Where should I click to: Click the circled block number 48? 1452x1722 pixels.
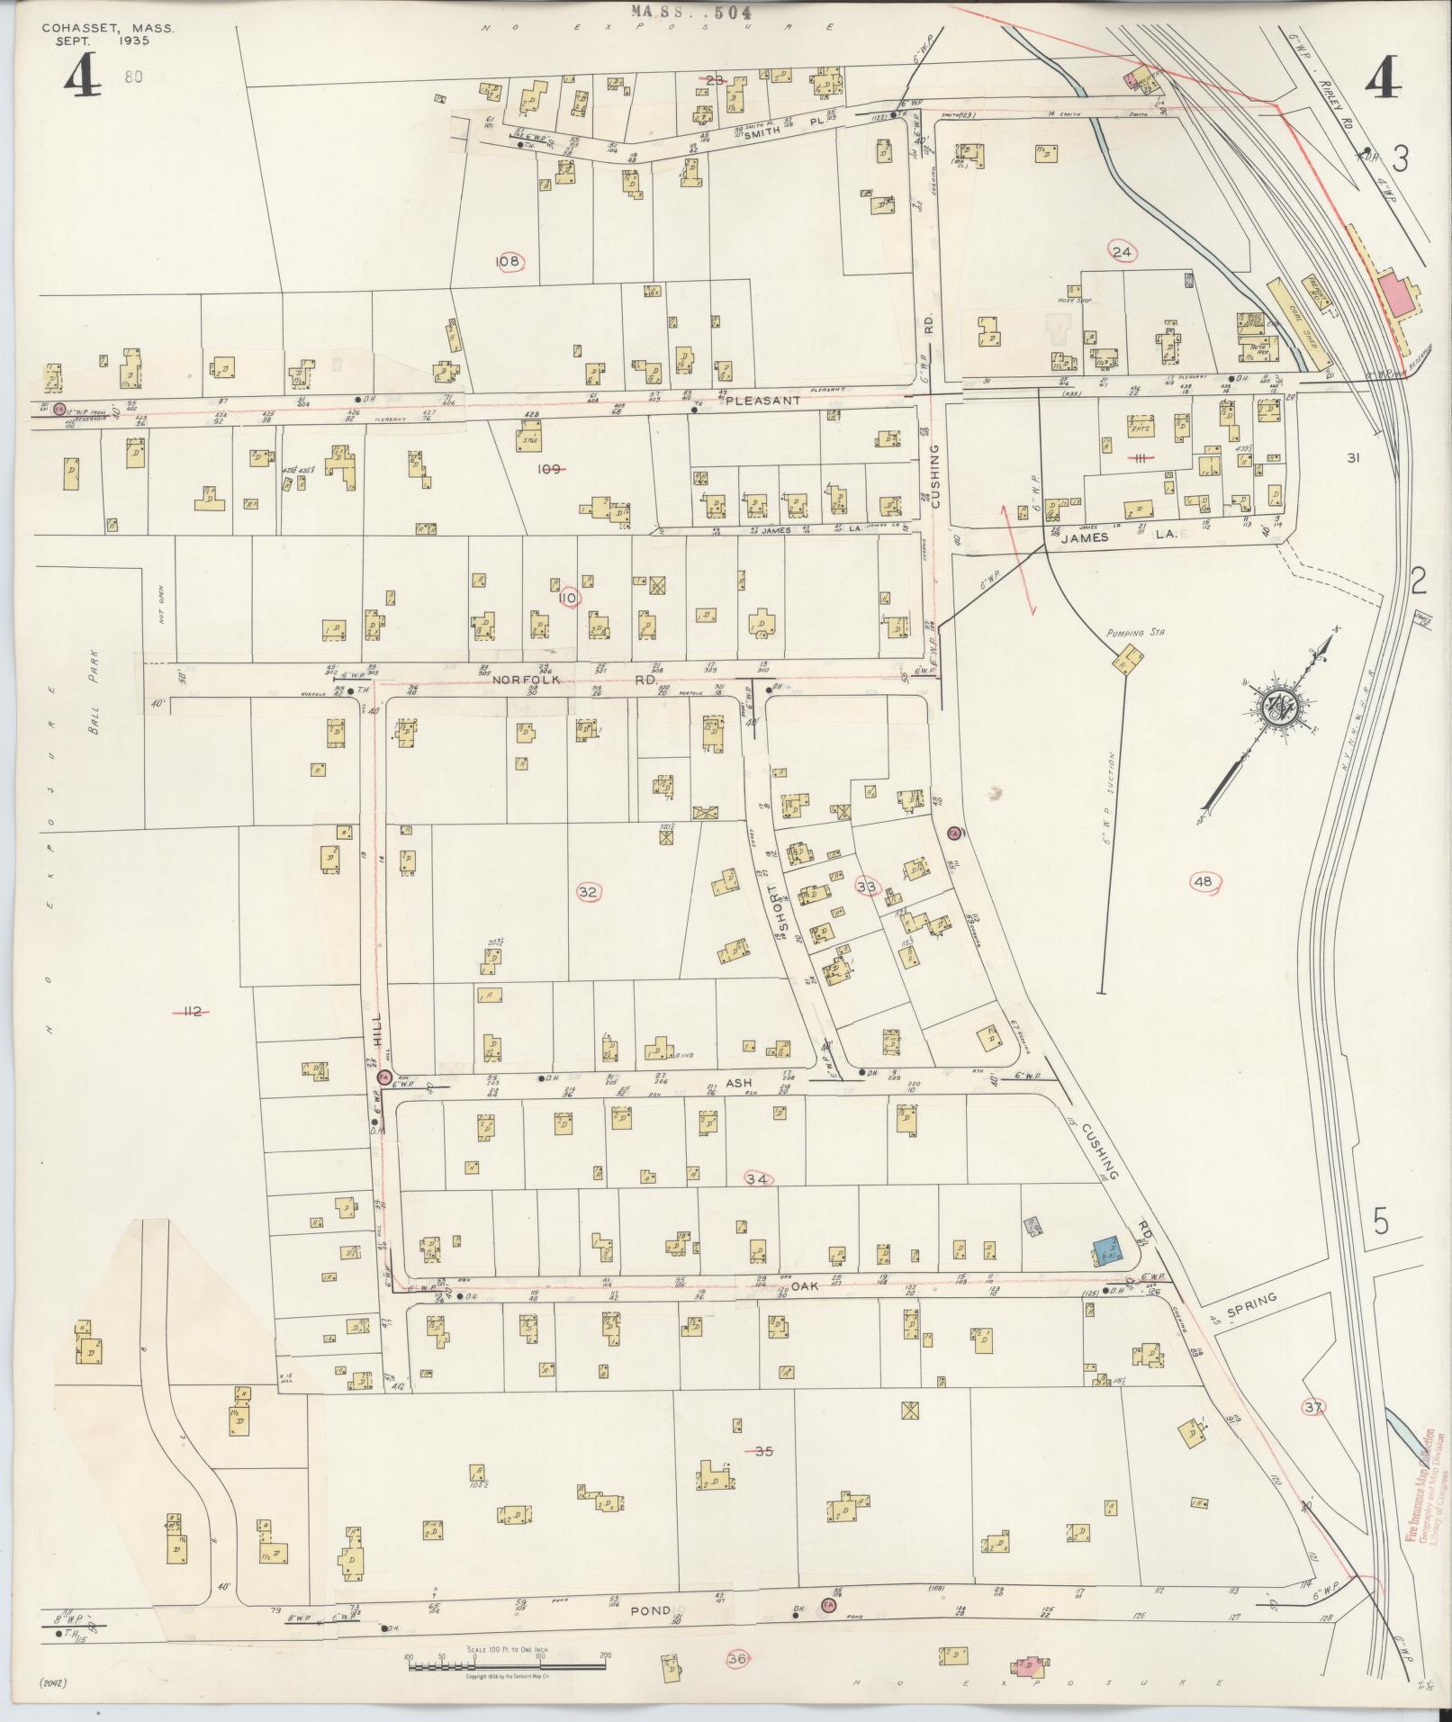click(x=1203, y=882)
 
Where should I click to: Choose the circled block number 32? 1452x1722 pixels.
click(x=587, y=892)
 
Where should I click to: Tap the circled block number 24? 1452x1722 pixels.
click(x=1122, y=251)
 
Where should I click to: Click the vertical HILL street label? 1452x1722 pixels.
click(x=378, y=1027)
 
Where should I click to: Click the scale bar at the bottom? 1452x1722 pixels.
click(x=507, y=1657)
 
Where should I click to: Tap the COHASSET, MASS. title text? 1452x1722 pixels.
click(x=108, y=28)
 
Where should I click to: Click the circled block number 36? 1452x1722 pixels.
click(x=738, y=1657)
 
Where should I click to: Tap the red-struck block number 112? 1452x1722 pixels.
click(x=191, y=1012)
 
